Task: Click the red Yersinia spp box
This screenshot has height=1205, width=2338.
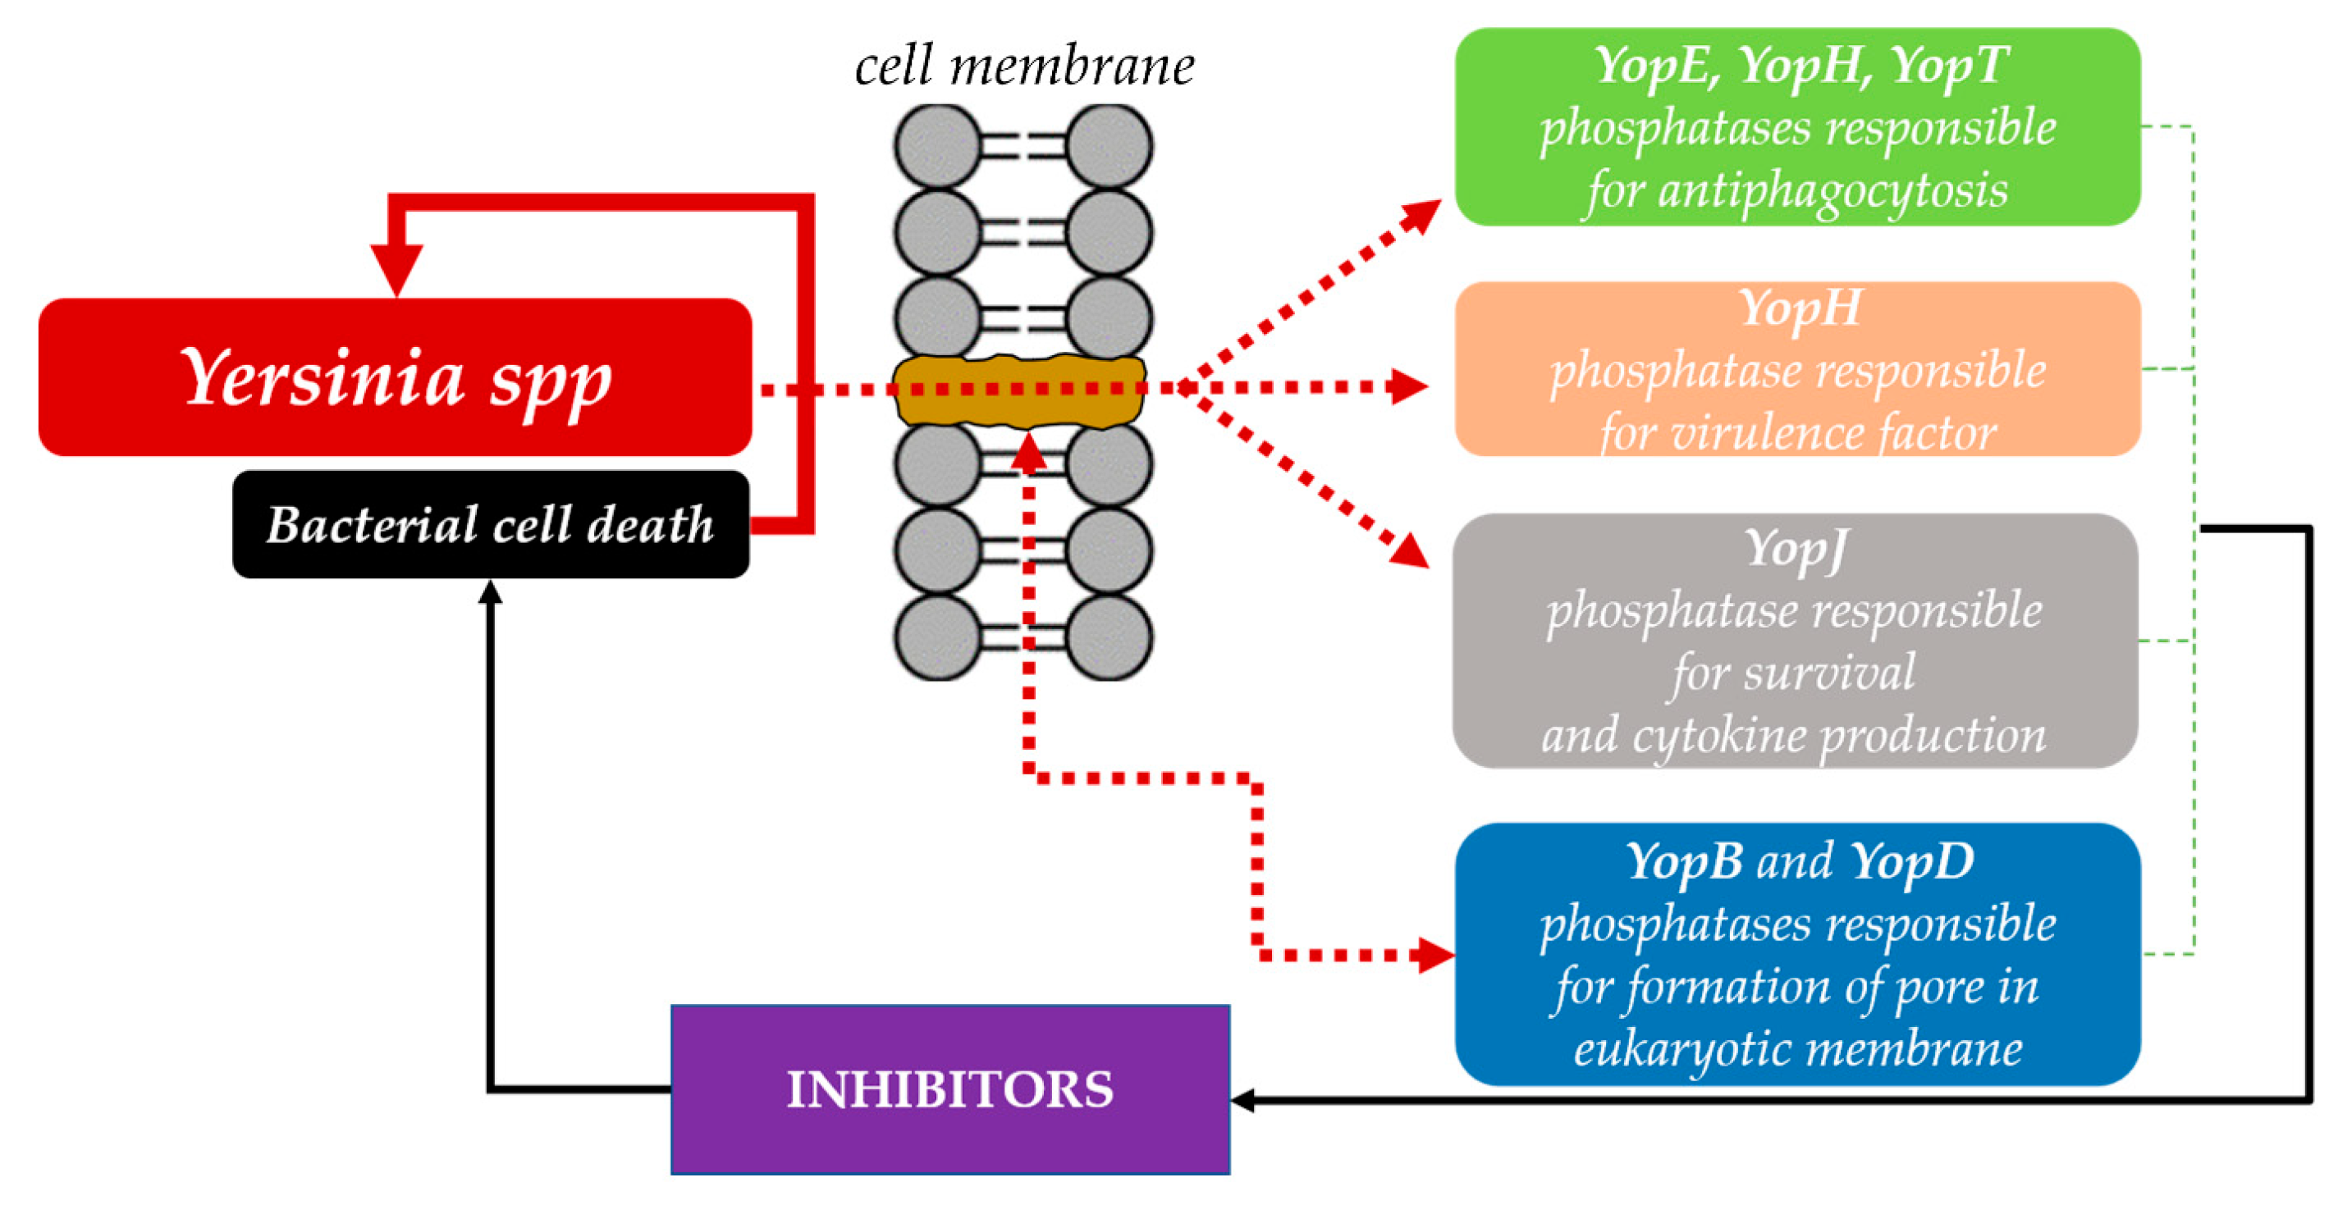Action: click(x=395, y=377)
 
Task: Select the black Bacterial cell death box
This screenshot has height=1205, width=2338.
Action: click(x=490, y=523)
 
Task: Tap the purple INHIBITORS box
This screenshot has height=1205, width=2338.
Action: click(x=949, y=1089)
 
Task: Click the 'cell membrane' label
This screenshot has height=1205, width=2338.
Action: click(x=1025, y=66)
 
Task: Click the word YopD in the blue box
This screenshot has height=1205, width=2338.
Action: click(x=1911, y=860)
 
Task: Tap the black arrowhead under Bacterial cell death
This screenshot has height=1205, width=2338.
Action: click(x=490, y=591)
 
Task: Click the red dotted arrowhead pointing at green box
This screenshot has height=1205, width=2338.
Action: click(x=1422, y=215)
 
